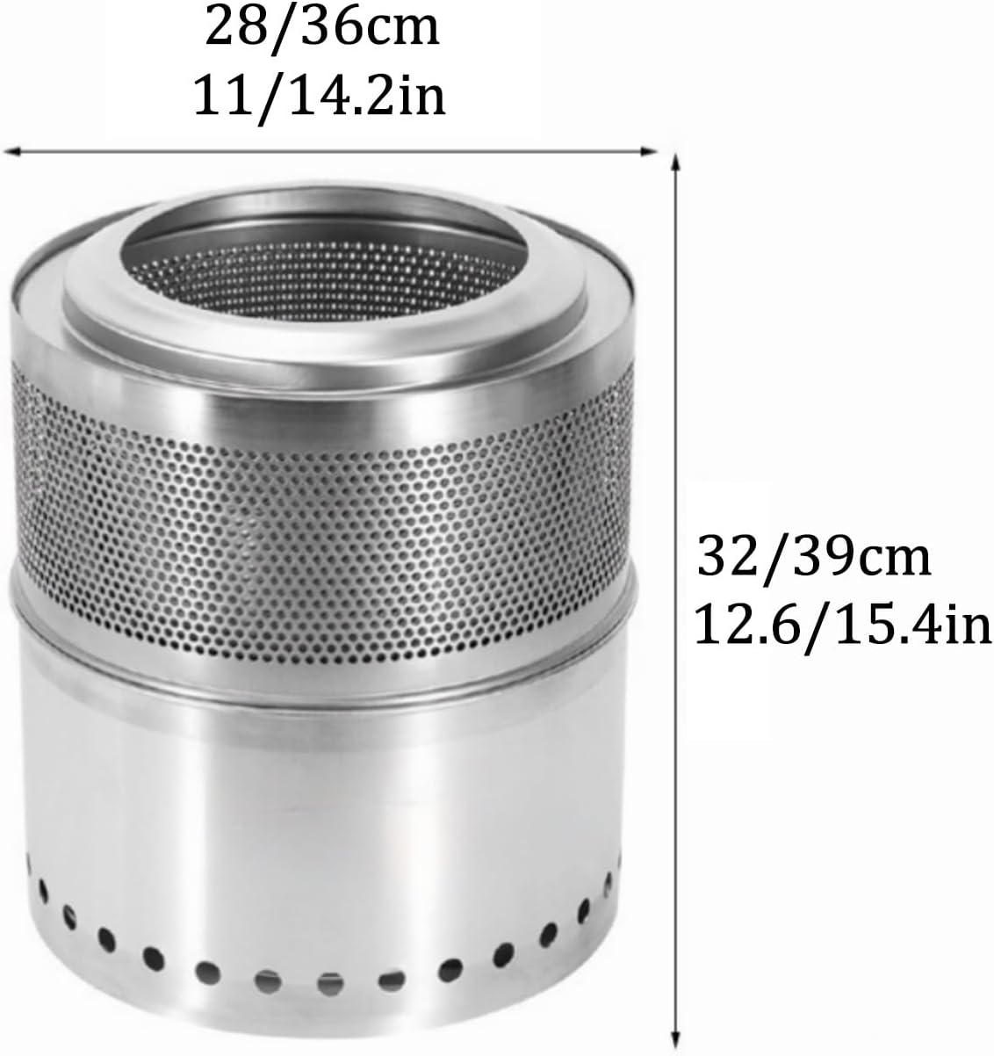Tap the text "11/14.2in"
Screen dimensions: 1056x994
coord(320,97)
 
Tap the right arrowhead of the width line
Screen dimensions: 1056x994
coord(652,152)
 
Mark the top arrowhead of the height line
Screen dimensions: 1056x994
coord(675,161)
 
